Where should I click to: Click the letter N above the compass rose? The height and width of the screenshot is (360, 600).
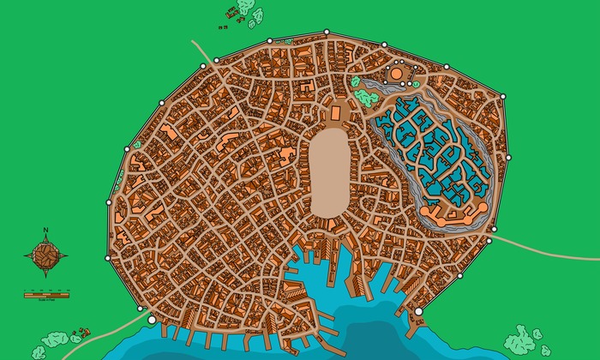click(x=45, y=230)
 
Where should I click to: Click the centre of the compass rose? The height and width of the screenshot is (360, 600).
click(x=46, y=254)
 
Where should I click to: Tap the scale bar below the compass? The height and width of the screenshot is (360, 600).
click(x=46, y=294)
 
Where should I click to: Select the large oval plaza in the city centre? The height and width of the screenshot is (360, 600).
click(x=329, y=171)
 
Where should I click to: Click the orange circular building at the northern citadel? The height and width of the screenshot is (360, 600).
click(x=397, y=75)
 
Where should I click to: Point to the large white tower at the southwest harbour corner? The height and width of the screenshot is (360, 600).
click(x=153, y=320)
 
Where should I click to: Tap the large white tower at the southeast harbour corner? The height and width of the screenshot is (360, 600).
click(x=418, y=312)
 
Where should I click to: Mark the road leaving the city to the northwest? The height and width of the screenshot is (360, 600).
click(x=202, y=50)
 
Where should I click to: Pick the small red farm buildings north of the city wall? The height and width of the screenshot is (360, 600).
click(x=230, y=15)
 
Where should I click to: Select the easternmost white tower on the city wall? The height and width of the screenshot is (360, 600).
click(x=509, y=157)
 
